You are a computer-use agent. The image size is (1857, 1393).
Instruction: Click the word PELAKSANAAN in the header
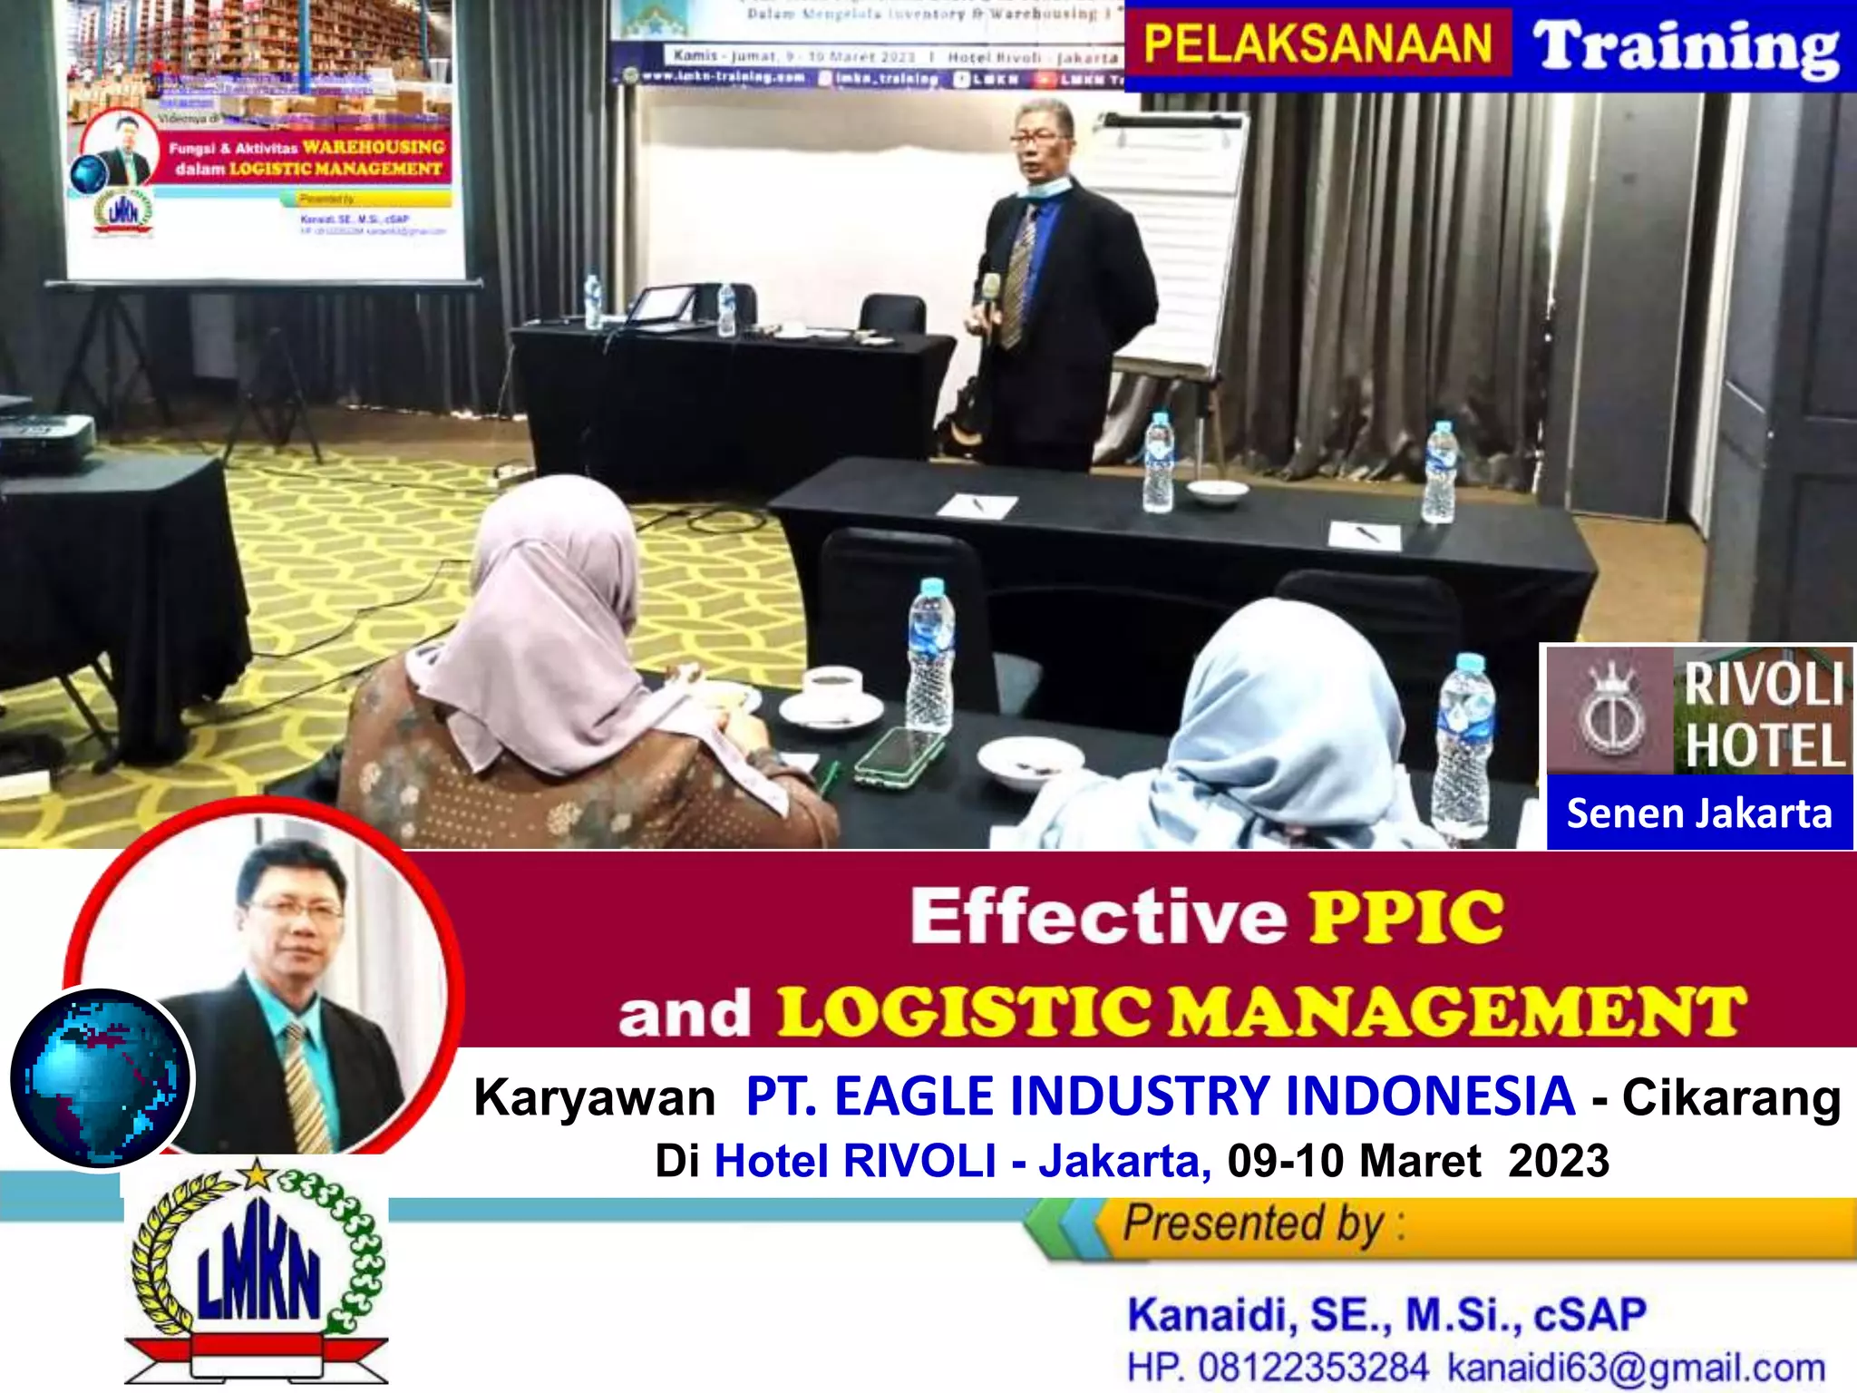click(1317, 44)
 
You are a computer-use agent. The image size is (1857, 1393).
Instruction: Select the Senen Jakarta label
click(1699, 813)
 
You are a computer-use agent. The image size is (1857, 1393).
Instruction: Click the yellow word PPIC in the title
click(1406, 917)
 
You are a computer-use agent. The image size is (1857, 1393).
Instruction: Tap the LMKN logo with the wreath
click(258, 1270)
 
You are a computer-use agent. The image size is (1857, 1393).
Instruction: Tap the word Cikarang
click(1731, 1097)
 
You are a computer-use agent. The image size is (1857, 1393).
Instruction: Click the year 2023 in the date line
click(1559, 1161)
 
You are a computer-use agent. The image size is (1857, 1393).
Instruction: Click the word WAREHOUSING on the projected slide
click(374, 147)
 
